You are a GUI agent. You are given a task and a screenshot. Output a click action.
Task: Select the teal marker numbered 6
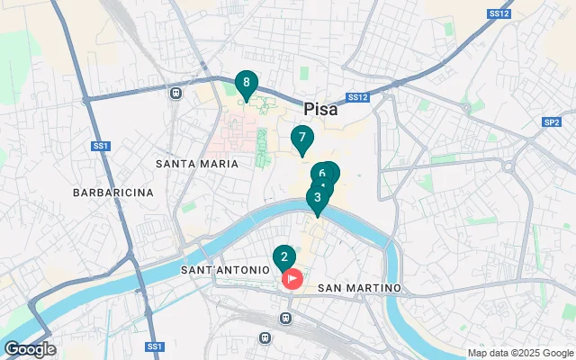[x=322, y=173]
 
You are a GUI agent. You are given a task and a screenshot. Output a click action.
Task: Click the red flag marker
[x=292, y=278]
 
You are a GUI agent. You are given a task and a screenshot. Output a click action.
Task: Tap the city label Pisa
[x=320, y=109]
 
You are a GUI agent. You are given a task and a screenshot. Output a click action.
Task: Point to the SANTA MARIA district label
[x=197, y=164]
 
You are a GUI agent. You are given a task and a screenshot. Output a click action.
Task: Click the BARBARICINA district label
[x=113, y=193]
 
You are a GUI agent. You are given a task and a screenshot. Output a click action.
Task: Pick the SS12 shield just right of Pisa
[x=357, y=97]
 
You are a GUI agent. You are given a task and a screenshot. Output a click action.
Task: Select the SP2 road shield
[x=551, y=121]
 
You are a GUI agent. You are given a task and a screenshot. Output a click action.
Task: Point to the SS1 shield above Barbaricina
[x=101, y=145]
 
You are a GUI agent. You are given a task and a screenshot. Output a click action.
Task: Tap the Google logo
[x=30, y=349]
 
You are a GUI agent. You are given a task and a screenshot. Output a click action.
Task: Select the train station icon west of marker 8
[x=175, y=92]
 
